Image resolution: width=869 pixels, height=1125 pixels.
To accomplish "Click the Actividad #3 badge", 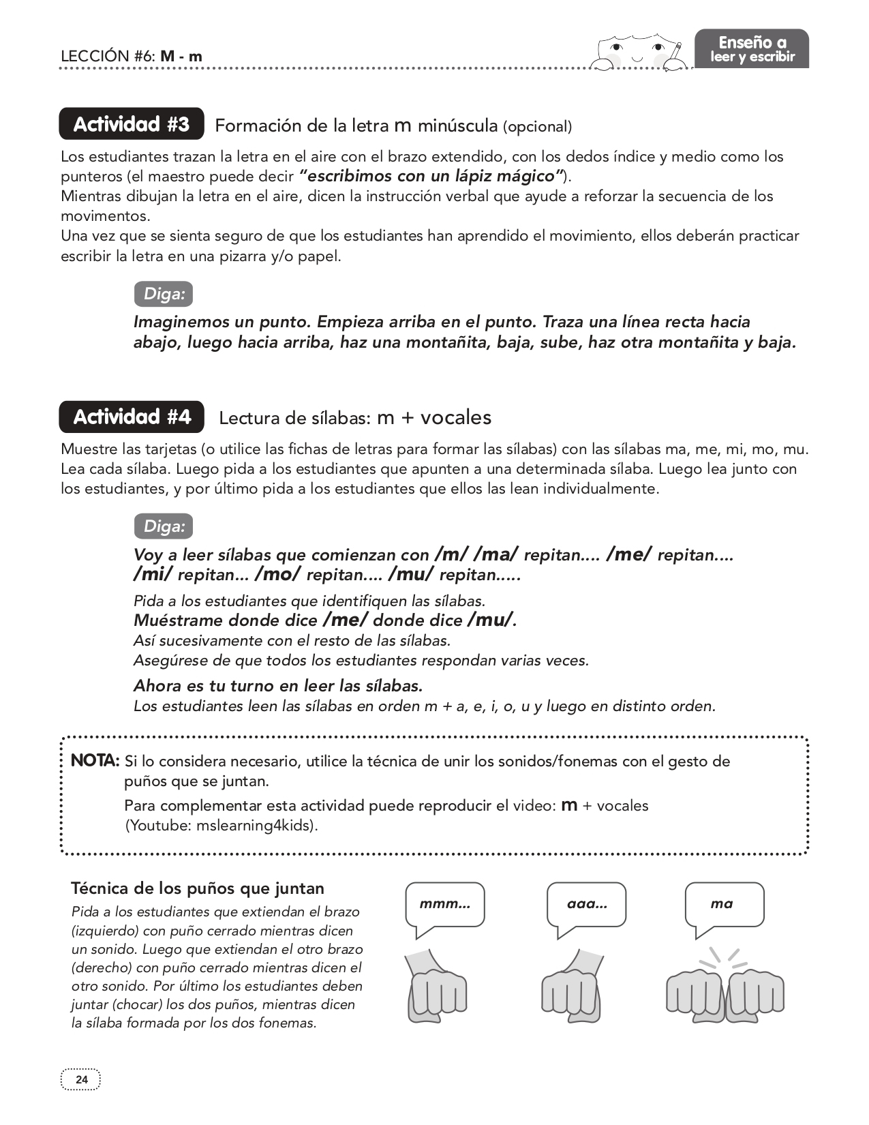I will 132,124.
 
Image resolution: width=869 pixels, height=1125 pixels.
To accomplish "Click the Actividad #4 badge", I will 132,417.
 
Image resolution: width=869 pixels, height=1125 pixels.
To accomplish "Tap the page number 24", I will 81,1079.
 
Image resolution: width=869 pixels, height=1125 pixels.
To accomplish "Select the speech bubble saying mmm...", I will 445,904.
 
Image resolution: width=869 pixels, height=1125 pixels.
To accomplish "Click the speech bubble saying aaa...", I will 587,904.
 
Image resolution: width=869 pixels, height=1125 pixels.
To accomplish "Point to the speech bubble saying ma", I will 724,904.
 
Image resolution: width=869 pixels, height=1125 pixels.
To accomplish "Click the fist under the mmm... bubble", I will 436,989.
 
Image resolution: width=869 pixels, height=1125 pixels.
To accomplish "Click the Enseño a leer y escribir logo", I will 752,48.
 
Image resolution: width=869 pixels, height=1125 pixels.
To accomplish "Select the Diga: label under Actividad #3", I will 164,294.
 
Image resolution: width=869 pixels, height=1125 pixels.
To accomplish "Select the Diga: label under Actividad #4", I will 164,526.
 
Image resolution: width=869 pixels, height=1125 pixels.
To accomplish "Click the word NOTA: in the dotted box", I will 95,760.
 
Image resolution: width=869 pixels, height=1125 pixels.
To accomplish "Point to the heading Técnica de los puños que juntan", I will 198,888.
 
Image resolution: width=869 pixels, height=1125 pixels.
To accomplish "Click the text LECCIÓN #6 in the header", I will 108,56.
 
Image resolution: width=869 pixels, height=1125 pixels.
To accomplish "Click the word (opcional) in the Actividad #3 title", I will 537,126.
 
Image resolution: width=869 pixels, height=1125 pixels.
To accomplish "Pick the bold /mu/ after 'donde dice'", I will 489,619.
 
